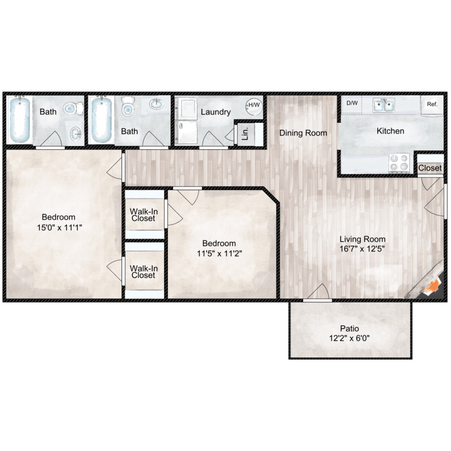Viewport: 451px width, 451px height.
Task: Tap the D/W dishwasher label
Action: [351, 103]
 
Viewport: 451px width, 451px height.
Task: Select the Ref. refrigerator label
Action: [432, 104]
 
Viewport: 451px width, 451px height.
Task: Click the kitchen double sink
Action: [382, 106]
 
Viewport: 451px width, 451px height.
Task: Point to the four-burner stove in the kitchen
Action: [399, 163]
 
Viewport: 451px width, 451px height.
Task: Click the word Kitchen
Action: [390, 130]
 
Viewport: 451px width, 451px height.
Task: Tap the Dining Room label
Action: [303, 133]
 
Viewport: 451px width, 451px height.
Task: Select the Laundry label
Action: [215, 112]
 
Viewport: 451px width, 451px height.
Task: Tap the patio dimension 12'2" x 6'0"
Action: [349, 338]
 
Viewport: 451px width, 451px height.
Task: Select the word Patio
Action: [349, 328]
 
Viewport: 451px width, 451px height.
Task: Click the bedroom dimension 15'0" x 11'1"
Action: [58, 227]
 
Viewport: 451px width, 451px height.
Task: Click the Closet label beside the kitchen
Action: [430, 168]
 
